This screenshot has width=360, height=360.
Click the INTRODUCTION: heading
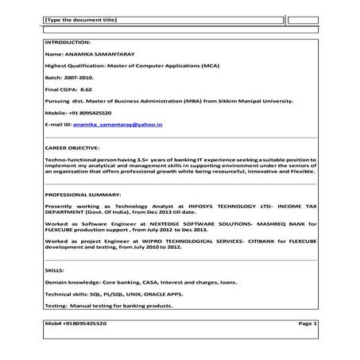click(68, 41)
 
